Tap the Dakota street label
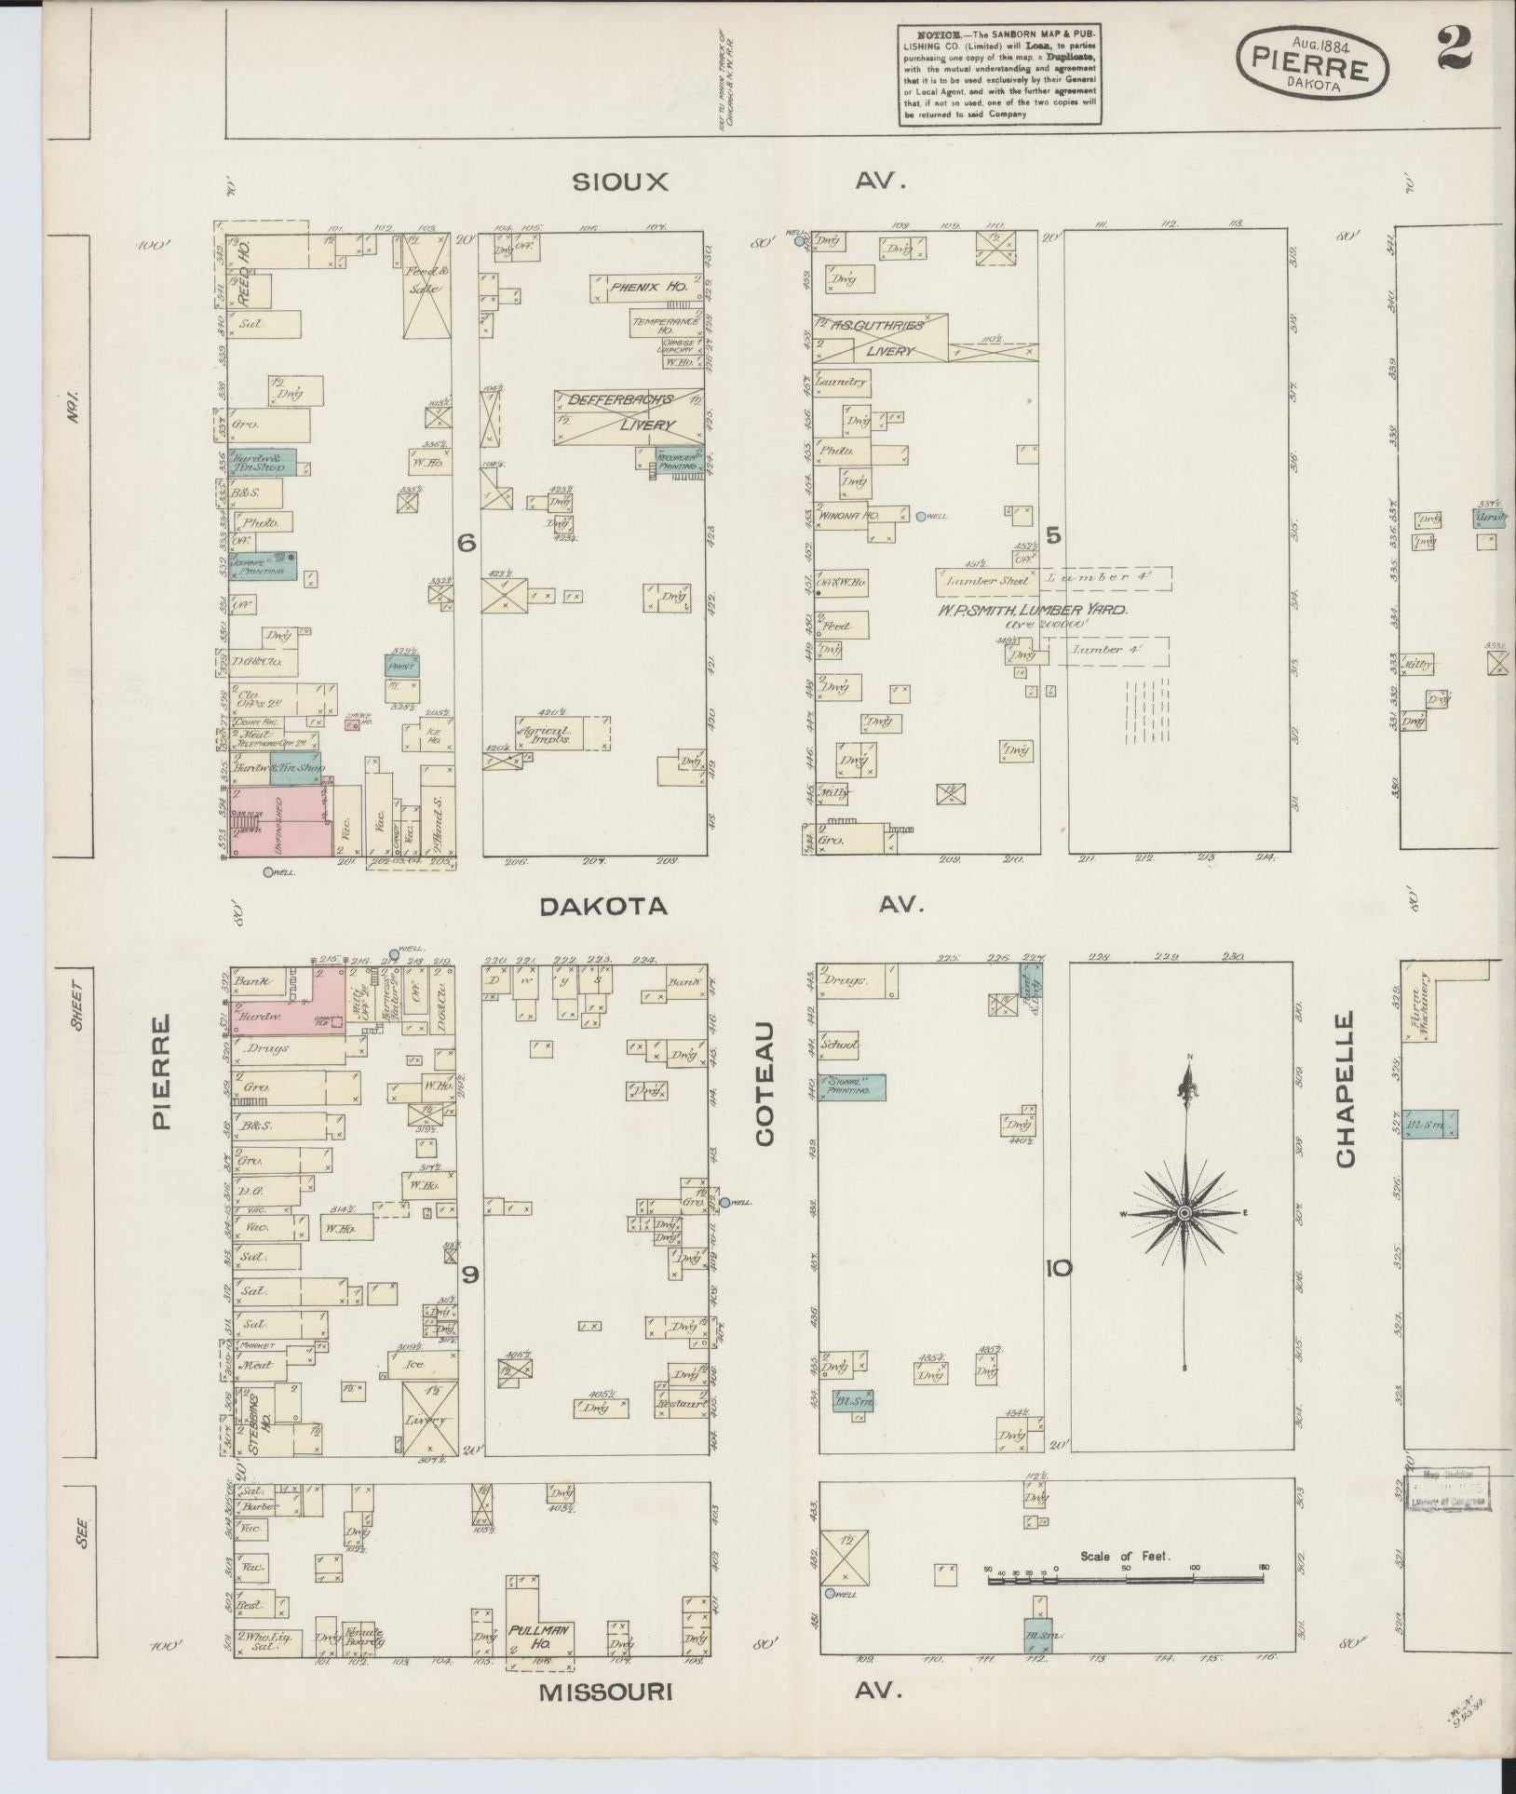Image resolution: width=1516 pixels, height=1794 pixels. pyautogui.click(x=604, y=906)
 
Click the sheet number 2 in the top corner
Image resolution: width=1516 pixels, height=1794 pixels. pyautogui.click(x=1454, y=48)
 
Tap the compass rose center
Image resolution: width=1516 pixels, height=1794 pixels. pyautogui.click(x=1184, y=1214)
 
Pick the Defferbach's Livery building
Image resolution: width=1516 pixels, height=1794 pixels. pyautogui.click(x=629, y=416)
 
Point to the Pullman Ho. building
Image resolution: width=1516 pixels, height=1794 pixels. pyautogui.click(x=540, y=1634)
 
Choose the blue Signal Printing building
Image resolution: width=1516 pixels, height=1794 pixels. pyautogui.click(x=852, y=1087)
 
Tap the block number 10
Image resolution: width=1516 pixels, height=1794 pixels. pyautogui.click(x=1059, y=1268)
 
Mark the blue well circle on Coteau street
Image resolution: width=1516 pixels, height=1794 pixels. pyautogui.click(x=724, y=1202)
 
